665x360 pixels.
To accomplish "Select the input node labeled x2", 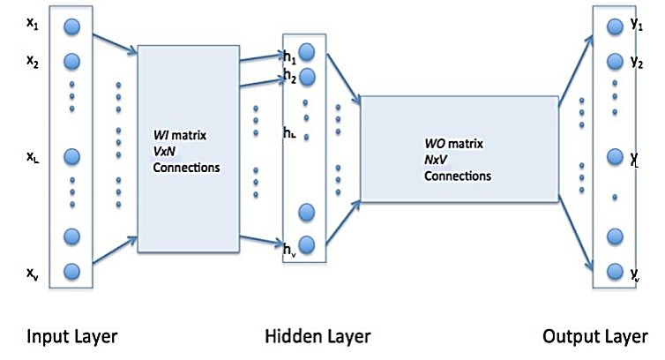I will (x=72, y=61).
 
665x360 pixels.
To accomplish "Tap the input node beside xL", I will (x=72, y=156).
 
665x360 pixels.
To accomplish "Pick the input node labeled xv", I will (x=72, y=271).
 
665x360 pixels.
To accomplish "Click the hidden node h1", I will (x=307, y=50).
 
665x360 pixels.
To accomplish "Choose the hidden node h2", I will (x=307, y=77).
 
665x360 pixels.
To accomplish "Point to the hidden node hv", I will (x=307, y=244).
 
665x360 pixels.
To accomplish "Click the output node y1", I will (x=614, y=27).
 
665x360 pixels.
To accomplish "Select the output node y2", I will (x=614, y=62).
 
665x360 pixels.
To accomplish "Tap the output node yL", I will (x=614, y=157).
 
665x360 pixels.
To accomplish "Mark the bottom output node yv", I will (x=614, y=271).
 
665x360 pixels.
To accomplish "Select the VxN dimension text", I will (x=165, y=153).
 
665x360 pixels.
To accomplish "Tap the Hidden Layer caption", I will (x=318, y=337).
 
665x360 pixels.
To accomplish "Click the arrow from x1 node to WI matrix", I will (x=112, y=43).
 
